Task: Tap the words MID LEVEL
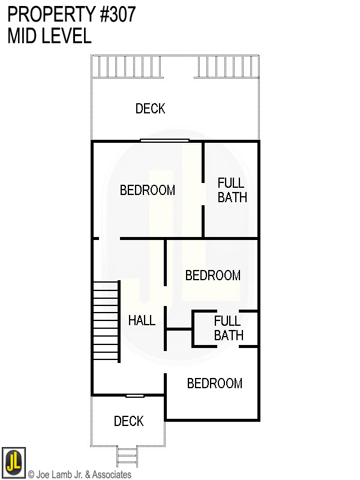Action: click(49, 36)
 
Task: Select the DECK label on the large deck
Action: click(150, 109)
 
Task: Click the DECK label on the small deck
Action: click(128, 421)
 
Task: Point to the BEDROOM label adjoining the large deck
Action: click(147, 190)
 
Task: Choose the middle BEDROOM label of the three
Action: click(212, 275)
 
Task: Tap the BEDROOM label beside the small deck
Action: click(214, 383)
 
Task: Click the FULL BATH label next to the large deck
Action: click(232, 190)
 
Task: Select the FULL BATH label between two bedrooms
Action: click(228, 328)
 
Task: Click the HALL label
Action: click(142, 320)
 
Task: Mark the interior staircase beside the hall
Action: click(106, 321)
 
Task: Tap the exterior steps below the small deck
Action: click(127, 457)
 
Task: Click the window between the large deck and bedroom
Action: click(164, 140)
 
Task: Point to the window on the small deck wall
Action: click(134, 395)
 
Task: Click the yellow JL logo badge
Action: click(13, 461)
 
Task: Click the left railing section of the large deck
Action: click(126, 67)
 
